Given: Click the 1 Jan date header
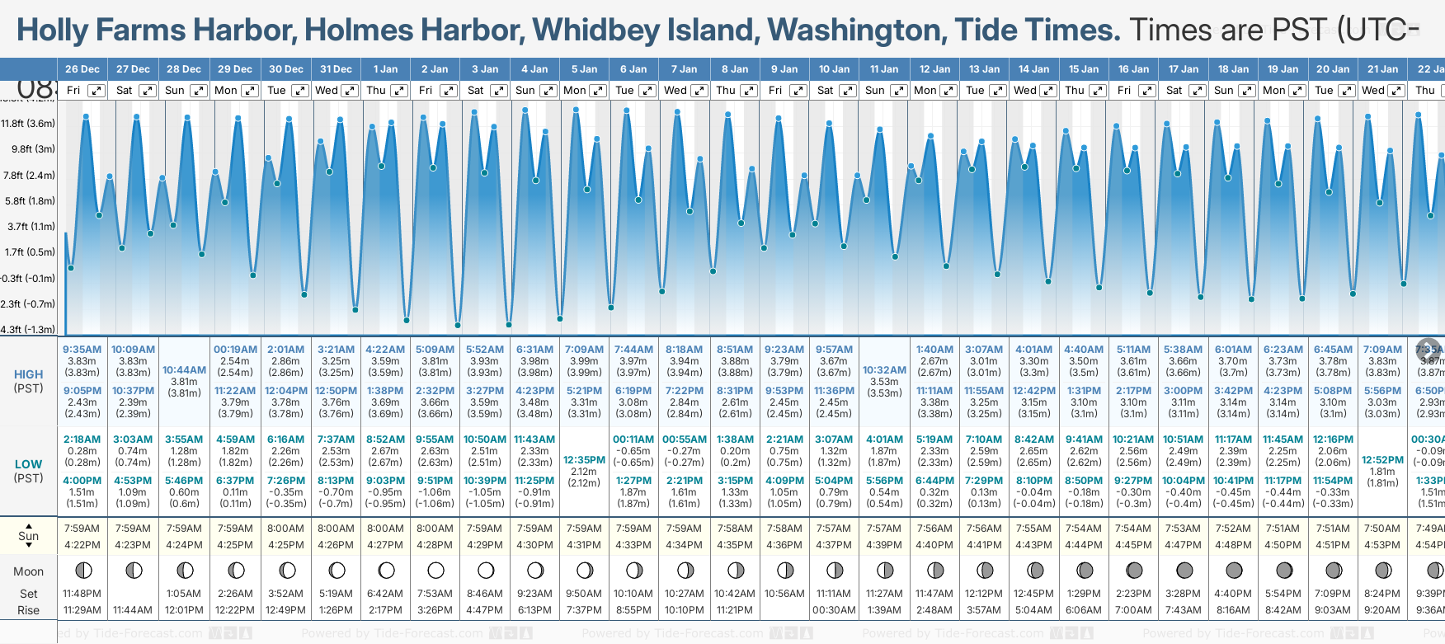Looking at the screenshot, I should pyautogui.click(x=385, y=69).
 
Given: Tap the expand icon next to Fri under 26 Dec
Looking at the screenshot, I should pyautogui.click(x=96, y=91).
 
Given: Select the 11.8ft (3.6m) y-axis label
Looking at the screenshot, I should pyautogui.click(x=28, y=124).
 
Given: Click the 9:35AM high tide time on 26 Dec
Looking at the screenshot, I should pyautogui.click(x=82, y=350).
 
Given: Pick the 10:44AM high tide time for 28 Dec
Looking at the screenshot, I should pyautogui.click(x=184, y=370).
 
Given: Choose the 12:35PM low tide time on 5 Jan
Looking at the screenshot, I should pyautogui.click(x=584, y=460).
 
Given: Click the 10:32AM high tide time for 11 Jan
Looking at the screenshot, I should pyautogui.click(x=884, y=370).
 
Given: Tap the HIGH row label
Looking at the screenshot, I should pyautogui.click(x=29, y=374).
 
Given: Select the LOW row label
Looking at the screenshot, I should pyautogui.click(x=29, y=464).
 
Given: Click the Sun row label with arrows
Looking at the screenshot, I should pyautogui.click(x=29, y=536).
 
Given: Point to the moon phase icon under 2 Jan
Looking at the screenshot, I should pyautogui.click(x=435, y=570).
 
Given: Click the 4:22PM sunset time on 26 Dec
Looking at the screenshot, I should pyautogui.click(x=82, y=545).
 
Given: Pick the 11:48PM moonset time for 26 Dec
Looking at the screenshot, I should pyautogui.click(x=82, y=594).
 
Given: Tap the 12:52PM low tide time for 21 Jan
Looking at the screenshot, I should pyautogui.click(x=1382, y=460).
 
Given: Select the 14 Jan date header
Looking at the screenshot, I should pyautogui.click(x=1033, y=69).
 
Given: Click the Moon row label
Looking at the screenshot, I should pyautogui.click(x=29, y=571).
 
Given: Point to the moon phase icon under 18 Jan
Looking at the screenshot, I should pyautogui.click(x=1234, y=570).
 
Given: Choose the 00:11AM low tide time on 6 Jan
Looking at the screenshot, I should pyautogui.click(x=633, y=440).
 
